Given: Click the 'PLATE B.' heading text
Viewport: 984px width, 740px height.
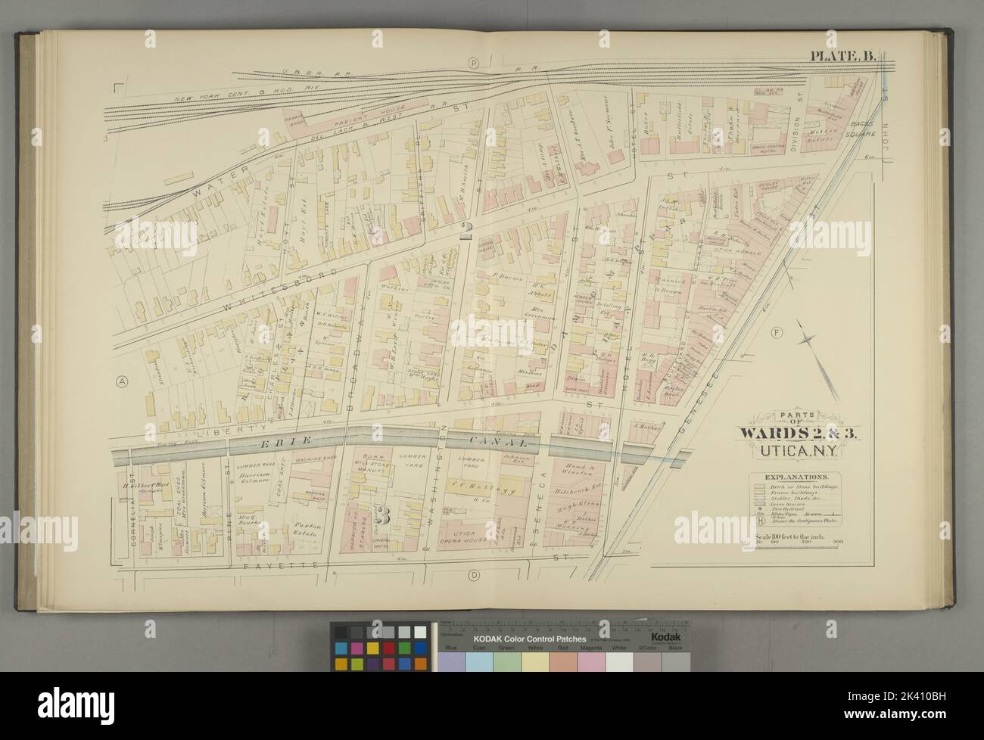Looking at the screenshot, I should [x=842, y=55].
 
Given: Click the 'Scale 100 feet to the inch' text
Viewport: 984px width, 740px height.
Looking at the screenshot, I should [x=794, y=536].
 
